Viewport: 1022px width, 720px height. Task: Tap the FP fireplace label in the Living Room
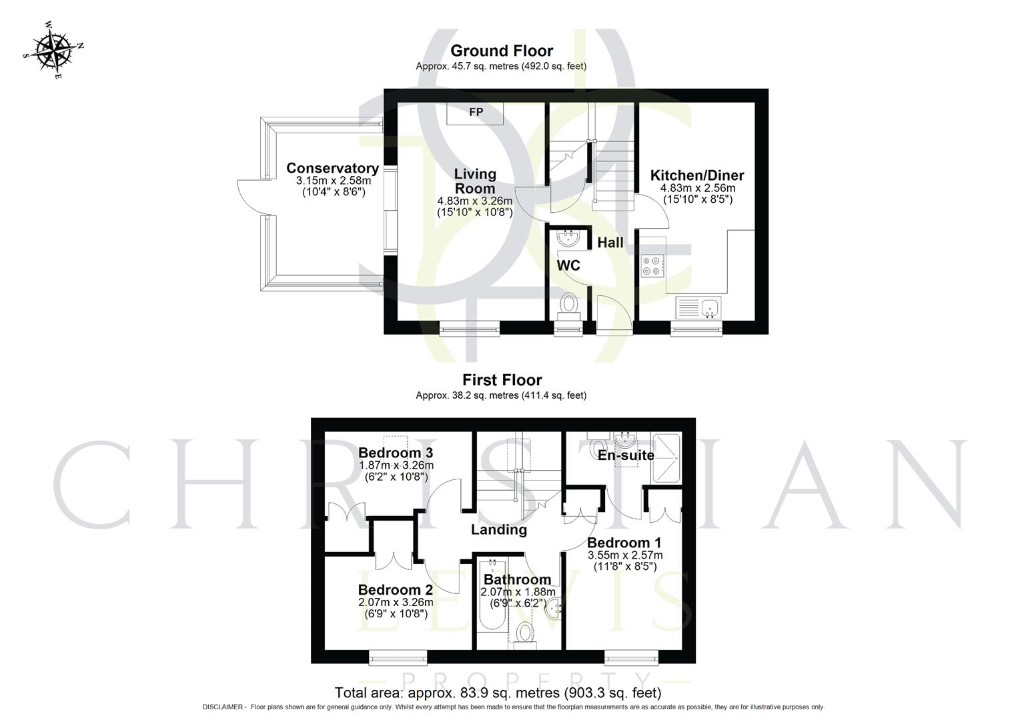tap(476, 112)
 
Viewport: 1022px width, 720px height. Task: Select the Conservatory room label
tap(332, 169)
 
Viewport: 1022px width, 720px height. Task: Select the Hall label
tap(610, 243)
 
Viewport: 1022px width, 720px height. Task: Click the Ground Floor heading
tap(502, 51)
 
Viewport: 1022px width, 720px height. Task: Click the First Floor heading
tap(502, 380)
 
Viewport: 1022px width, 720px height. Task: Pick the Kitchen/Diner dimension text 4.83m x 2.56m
tap(698, 188)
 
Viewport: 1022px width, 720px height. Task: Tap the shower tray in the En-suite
tap(666, 458)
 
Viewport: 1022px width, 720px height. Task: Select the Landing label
tap(499, 529)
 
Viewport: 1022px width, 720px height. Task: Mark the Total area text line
tap(498, 693)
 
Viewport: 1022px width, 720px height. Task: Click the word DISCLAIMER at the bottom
tap(224, 707)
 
